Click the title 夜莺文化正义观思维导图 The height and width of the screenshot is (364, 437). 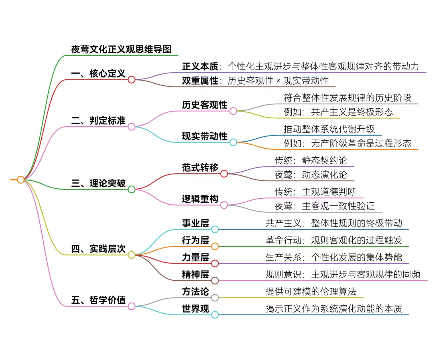[x=121, y=50]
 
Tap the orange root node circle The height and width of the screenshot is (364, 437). [x=21, y=180]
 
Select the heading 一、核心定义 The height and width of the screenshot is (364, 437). [x=98, y=74]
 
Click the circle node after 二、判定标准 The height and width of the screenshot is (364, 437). [x=131, y=127]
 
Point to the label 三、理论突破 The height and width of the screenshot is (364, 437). [x=98, y=183]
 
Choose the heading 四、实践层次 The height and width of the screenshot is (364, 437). [x=98, y=249]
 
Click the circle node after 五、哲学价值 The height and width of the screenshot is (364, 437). [x=131, y=306]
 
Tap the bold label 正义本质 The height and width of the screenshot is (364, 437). [x=200, y=67]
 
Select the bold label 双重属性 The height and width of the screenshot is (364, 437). [x=200, y=81]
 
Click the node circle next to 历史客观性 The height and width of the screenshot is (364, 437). [x=233, y=111]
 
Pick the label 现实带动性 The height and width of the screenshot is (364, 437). [x=205, y=136]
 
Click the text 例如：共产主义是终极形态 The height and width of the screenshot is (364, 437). [x=338, y=112]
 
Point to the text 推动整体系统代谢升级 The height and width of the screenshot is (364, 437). [x=329, y=129]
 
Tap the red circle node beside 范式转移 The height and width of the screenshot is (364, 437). [x=224, y=174]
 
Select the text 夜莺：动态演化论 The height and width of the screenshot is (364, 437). [x=311, y=175]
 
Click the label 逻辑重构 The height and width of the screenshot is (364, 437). [x=200, y=199]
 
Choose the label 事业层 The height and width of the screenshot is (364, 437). [x=195, y=223]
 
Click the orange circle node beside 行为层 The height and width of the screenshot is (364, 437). [x=215, y=246]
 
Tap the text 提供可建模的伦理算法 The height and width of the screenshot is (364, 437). [x=311, y=292]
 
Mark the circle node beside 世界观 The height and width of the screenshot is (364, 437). [x=215, y=315]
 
